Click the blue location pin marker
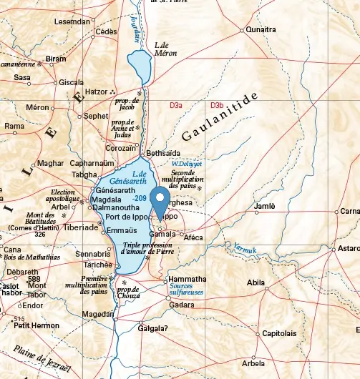tap(160, 201)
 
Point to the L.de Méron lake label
tap(166, 49)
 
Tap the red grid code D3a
tap(176, 106)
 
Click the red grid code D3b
tap(217, 106)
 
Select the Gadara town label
tap(181, 305)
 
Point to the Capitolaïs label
tap(279, 333)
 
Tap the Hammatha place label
tap(187, 279)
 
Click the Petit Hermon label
tap(37, 325)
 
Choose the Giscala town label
tap(71, 82)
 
